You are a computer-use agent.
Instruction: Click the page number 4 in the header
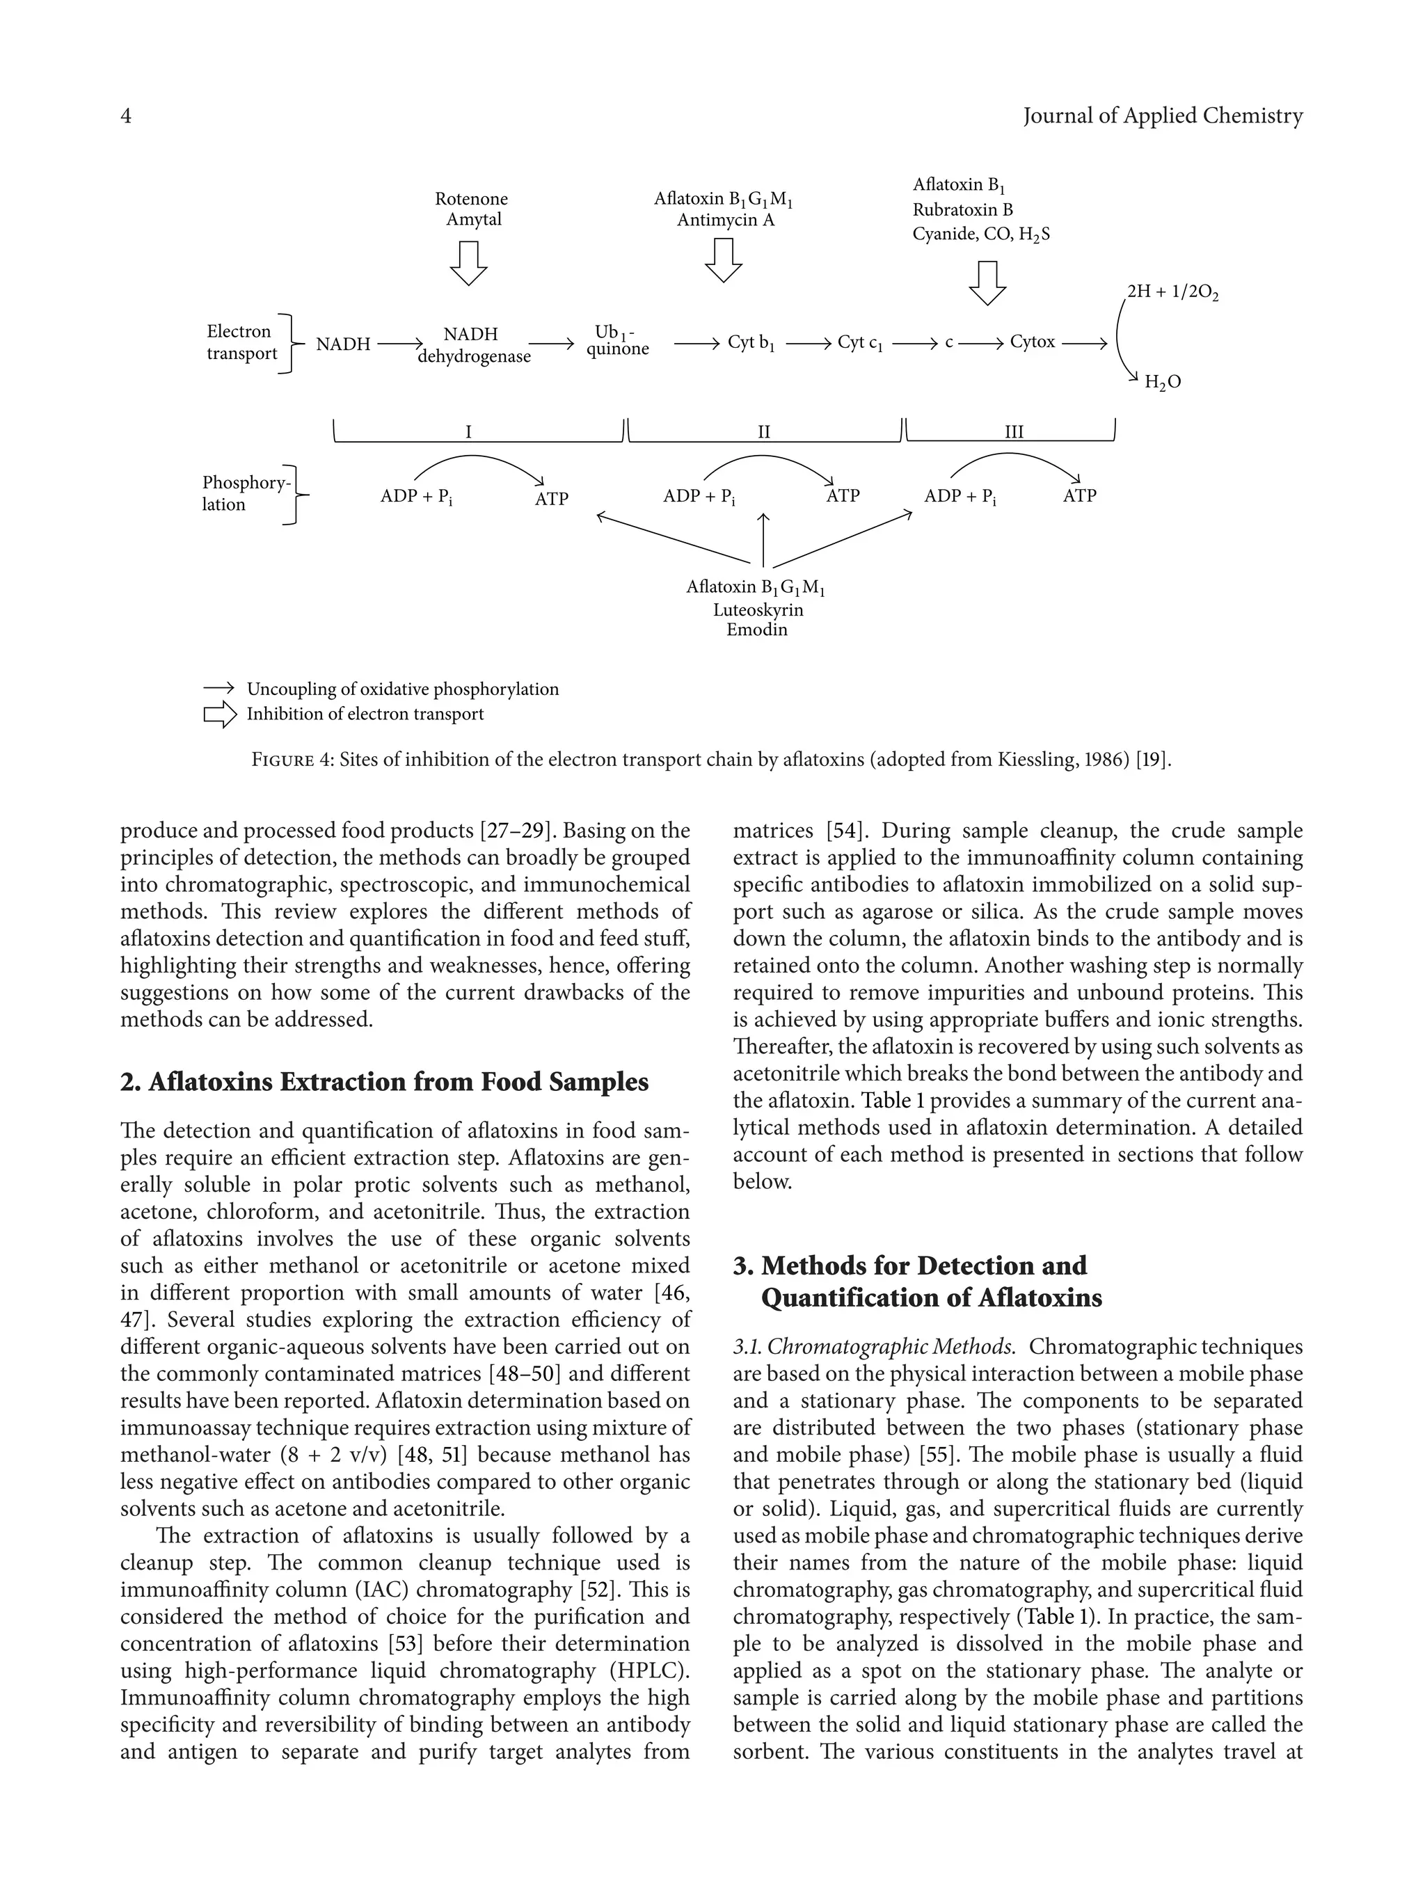[x=126, y=116]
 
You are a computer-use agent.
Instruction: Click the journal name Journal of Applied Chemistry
[x=1162, y=116]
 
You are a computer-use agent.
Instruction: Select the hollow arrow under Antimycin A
[x=723, y=260]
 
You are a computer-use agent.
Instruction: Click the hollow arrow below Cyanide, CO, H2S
[x=987, y=282]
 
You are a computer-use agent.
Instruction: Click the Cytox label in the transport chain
[x=1033, y=342]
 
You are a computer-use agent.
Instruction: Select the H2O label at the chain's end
[x=1162, y=382]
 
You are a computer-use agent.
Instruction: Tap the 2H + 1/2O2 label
[x=1172, y=292]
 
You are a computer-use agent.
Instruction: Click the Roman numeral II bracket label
[x=763, y=432]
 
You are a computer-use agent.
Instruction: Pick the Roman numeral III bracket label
[x=1014, y=432]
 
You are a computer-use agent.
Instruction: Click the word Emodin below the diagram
[x=757, y=630]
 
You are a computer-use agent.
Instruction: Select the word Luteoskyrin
[x=758, y=610]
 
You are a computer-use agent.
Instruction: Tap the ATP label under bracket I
[x=552, y=498]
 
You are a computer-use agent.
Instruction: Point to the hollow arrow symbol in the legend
[x=220, y=714]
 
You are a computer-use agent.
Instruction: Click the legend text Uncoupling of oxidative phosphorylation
[x=402, y=689]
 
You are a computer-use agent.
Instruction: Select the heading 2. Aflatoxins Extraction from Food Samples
[x=384, y=1081]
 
